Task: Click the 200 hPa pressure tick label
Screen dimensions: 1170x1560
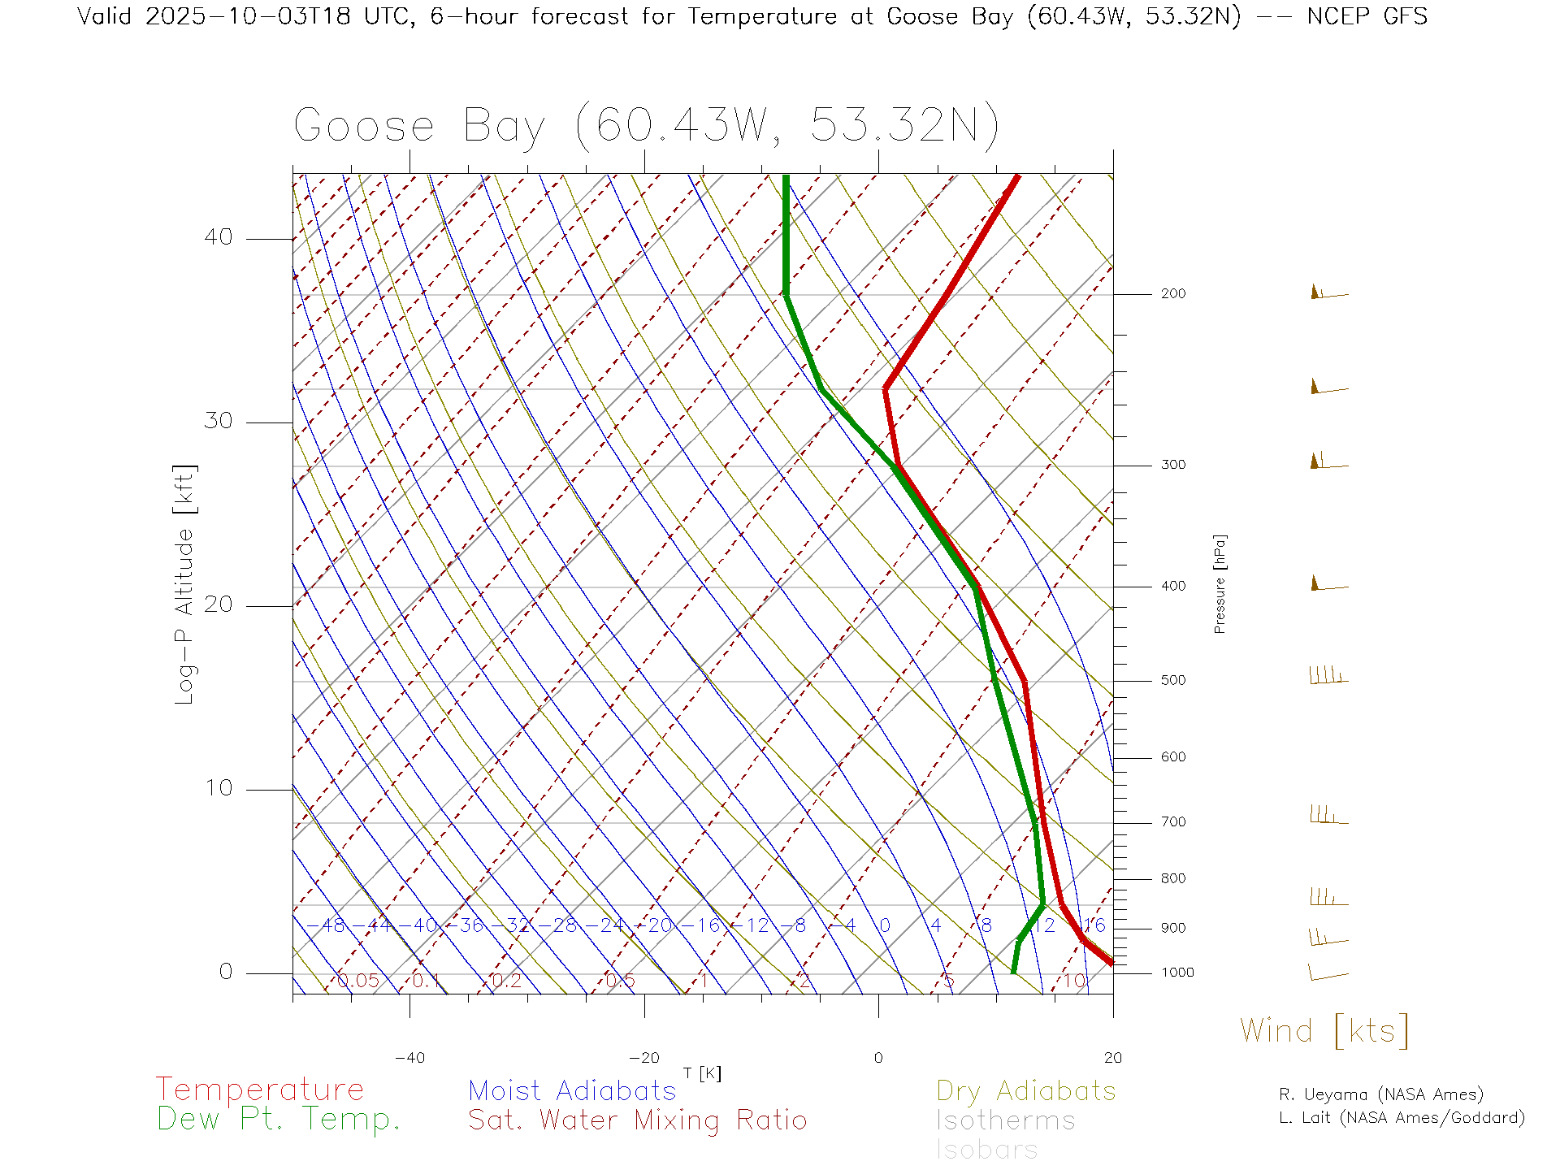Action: [x=1172, y=294]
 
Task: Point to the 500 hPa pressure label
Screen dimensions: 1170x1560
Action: [x=1172, y=681]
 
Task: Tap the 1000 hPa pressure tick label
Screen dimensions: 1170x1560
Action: [x=1177, y=973]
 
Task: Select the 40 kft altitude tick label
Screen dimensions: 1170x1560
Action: [x=218, y=237]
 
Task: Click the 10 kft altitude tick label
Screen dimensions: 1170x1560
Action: [x=218, y=788]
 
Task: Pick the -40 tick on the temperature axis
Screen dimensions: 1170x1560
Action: [x=409, y=1058]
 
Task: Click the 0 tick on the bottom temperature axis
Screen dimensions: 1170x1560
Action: [x=878, y=1058]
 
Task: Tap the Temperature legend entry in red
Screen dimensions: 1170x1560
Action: [x=260, y=1090]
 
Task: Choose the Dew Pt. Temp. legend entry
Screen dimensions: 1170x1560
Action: [x=279, y=1120]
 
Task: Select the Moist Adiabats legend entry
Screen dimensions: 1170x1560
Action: [x=573, y=1091]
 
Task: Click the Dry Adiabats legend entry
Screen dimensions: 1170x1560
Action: [x=1026, y=1091]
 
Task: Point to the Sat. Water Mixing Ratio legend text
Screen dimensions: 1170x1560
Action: [x=638, y=1120]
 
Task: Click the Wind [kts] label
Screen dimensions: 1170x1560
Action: [x=1324, y=1031]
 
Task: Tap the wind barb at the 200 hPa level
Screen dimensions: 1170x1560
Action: [x=1328, y=293]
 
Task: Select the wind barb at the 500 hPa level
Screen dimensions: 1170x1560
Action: [x=1328, y=677]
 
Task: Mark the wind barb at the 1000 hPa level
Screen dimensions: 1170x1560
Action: [x=1328, y=973]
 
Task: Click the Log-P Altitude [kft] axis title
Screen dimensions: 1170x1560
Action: [x=185, y=585]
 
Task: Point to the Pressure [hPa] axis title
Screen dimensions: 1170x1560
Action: [x=1220, y=583]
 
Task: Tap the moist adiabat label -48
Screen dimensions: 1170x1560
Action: [x=331, y=926]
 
